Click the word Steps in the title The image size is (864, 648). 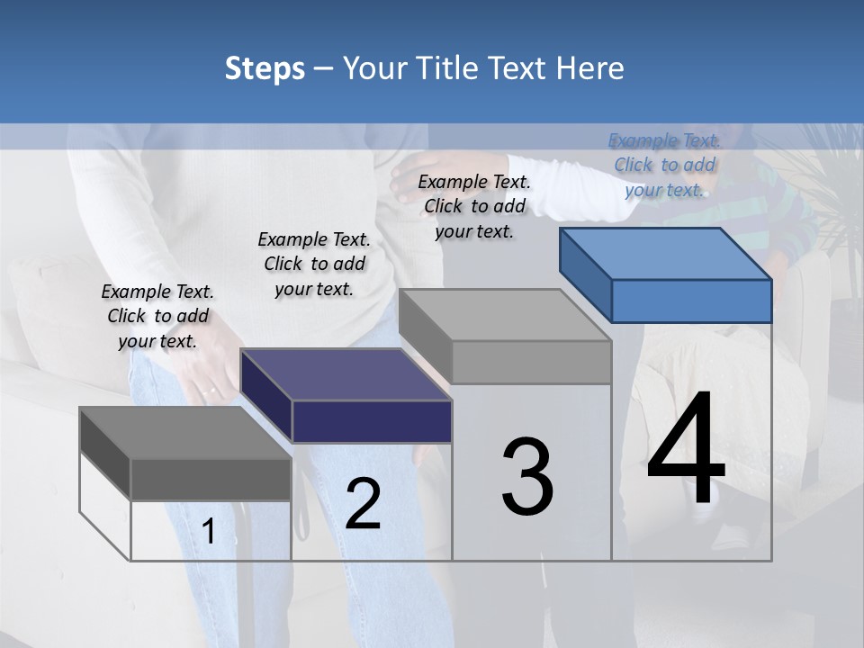click(265, 68)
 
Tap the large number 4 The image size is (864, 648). click(686, 450)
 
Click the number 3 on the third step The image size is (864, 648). click(527, 477)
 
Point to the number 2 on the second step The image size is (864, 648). click(363, 504)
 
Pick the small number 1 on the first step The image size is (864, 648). click(209, 532)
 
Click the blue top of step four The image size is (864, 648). click(666, 254)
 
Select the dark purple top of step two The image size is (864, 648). click(346, 374)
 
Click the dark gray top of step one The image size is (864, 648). click(185, 433)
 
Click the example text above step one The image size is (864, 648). click(157, 316)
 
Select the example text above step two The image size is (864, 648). click(314, 264)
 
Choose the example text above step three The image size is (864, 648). click(474, 206)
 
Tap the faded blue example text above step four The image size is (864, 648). click(664, 165)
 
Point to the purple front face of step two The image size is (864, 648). click(372, 421)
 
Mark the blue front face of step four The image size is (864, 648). click(691, 301)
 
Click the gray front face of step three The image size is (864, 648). click(531, 362)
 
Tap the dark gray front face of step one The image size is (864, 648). click(211, 479)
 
